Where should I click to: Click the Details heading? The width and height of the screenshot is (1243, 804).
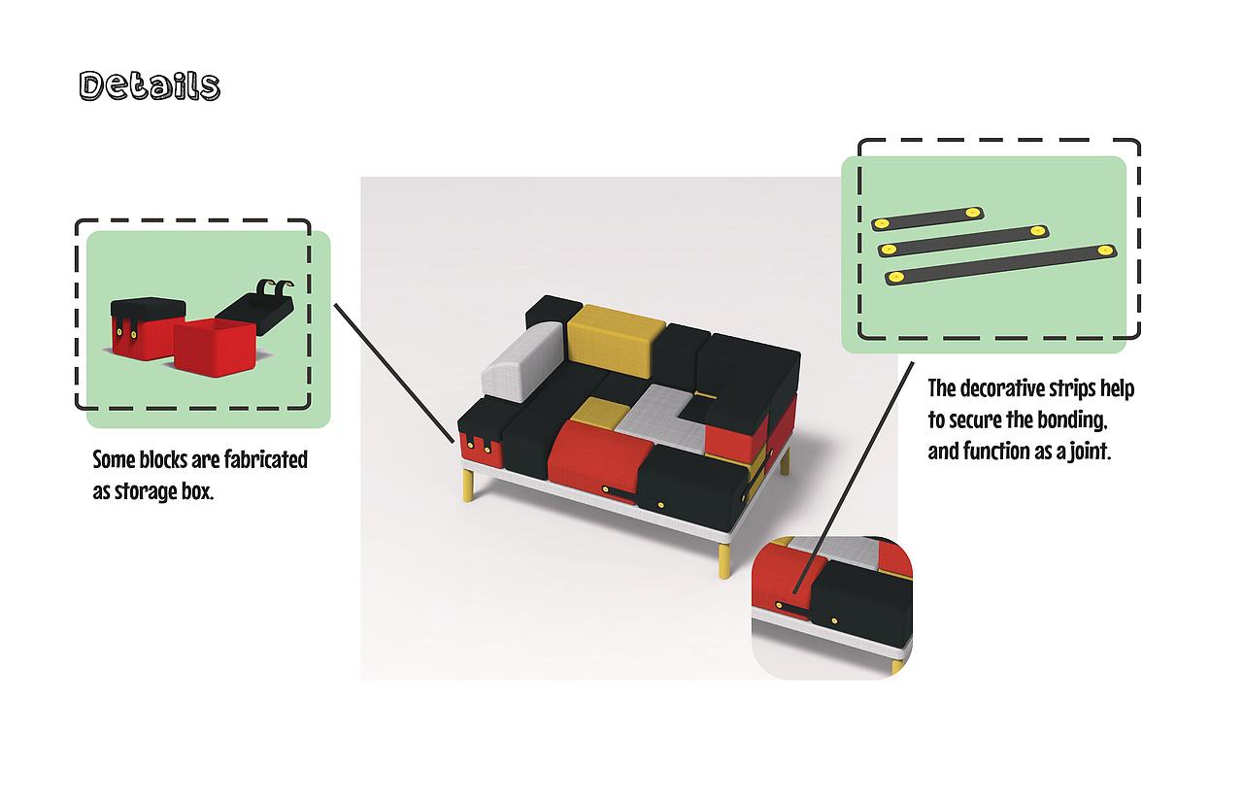(150, 86)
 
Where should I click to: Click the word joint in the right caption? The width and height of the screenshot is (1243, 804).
(1091, 452)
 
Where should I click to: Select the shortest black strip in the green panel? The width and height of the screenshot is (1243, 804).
(927, 218)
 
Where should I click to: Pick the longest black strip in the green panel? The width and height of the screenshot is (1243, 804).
(1000, 264)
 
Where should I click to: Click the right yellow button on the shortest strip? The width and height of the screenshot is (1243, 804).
(972, 213)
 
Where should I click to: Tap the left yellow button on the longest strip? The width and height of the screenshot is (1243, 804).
(894, 277)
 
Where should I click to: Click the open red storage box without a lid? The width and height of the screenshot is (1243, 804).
(215, 347)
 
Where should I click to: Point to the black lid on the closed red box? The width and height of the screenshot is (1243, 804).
(148, 313)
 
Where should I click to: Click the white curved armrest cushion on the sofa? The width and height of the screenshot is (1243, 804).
(522, 362)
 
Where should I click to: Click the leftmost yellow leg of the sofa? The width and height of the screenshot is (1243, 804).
(468, 485)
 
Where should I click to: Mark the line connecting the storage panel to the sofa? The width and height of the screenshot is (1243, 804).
(394, 373)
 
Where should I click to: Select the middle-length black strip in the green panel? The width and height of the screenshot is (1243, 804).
(963, 241)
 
